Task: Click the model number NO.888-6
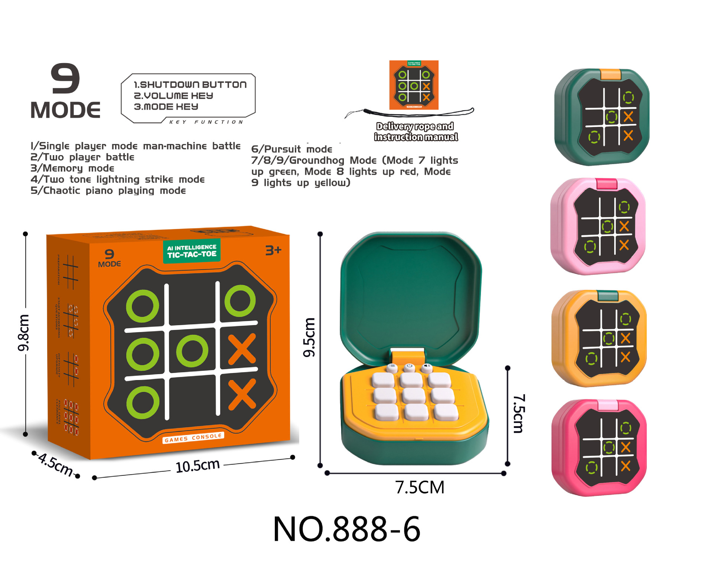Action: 346,529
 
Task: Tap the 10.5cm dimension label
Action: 197,465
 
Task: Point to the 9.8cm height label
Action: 23,333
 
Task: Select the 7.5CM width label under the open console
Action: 419,487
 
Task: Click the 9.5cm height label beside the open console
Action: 309,337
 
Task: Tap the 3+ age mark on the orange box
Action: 273,251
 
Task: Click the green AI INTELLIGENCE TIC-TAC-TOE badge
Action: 192,251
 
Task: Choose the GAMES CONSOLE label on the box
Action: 193,438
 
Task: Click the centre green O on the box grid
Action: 192,351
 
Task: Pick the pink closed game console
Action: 598,226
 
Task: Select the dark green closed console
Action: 602,117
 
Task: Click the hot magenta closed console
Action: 599,448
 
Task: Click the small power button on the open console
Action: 409,367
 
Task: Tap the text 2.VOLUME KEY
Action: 173,96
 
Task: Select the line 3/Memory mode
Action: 72,168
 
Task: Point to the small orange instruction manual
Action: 414,85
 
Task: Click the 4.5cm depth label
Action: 56,464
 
